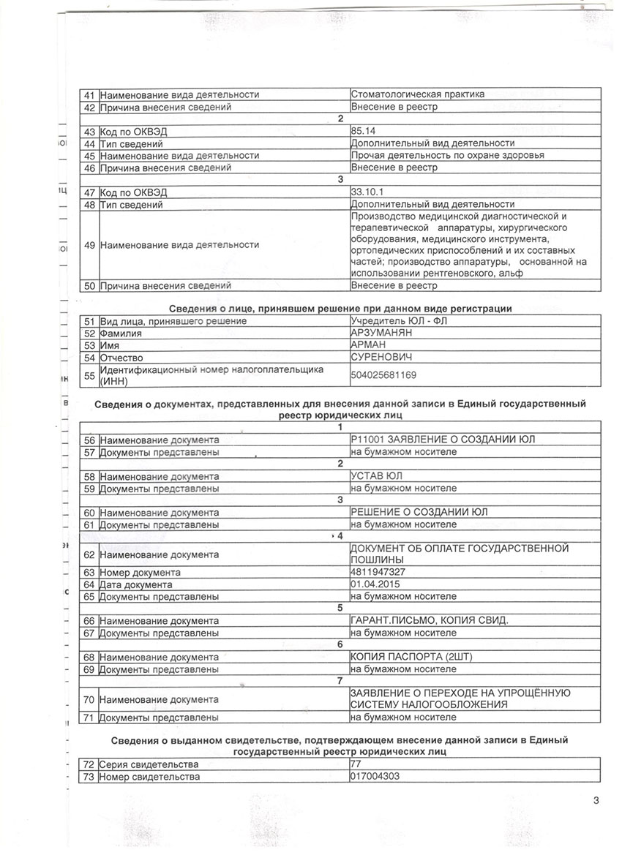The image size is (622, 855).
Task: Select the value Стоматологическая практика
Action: tap(417, 94)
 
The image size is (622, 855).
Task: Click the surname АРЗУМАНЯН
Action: tap(381, 334)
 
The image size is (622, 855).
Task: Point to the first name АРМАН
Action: tap(370, 345)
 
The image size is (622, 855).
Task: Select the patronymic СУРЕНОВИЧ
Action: tap(382, 358)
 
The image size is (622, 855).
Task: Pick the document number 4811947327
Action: tap(378, 573)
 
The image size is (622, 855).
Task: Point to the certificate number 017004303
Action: tap(375, 776)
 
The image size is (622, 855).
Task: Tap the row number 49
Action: tap(89, 246)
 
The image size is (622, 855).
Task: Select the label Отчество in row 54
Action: tap(121, 358)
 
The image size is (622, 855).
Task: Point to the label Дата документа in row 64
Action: tap(136, 584)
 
